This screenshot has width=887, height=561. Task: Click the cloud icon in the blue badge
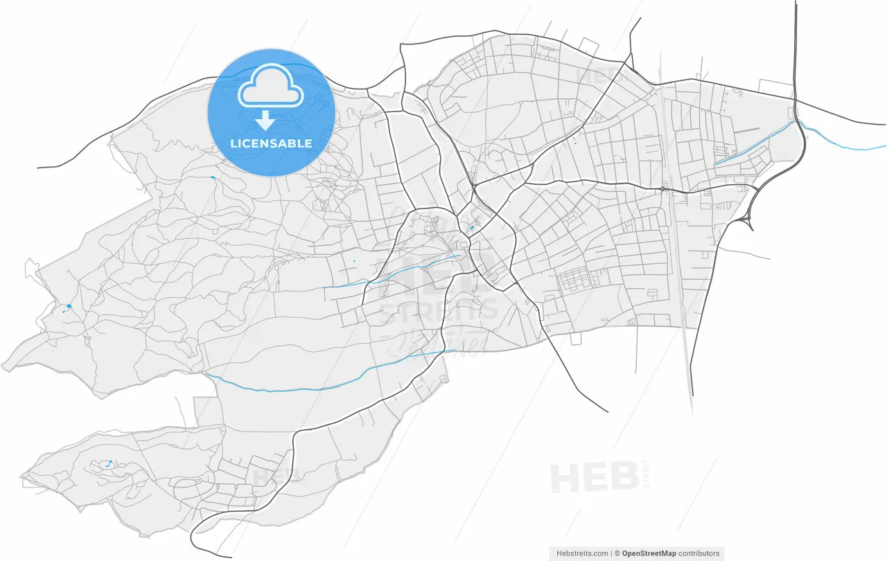pos(271,86)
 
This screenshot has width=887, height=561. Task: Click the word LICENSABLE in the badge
pos(271,144)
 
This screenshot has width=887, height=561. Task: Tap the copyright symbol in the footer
pos(617,553)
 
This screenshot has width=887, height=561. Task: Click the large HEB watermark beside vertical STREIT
pos(594,478)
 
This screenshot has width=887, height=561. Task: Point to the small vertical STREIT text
pos(647,474)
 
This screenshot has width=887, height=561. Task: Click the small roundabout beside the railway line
pos(662,188)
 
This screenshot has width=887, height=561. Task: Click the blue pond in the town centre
pos(472,227)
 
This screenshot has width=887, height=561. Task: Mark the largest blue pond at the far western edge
pos(69,306)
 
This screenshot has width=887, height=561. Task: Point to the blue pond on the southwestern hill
pos(109,462)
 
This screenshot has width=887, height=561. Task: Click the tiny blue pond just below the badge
pos(212,178)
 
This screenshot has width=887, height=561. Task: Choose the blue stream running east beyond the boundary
pos(845,146)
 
